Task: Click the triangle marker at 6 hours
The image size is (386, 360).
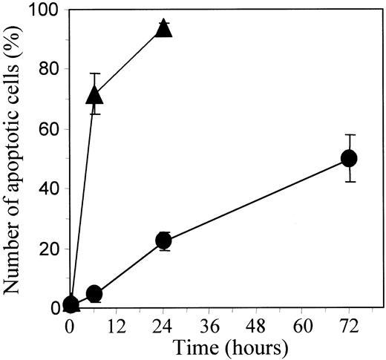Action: pos(94,94)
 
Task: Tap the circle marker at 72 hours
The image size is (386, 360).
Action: pos(349,158)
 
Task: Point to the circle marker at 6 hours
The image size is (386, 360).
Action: pos(94,294)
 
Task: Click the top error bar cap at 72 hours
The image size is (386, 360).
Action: pos(349,135)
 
